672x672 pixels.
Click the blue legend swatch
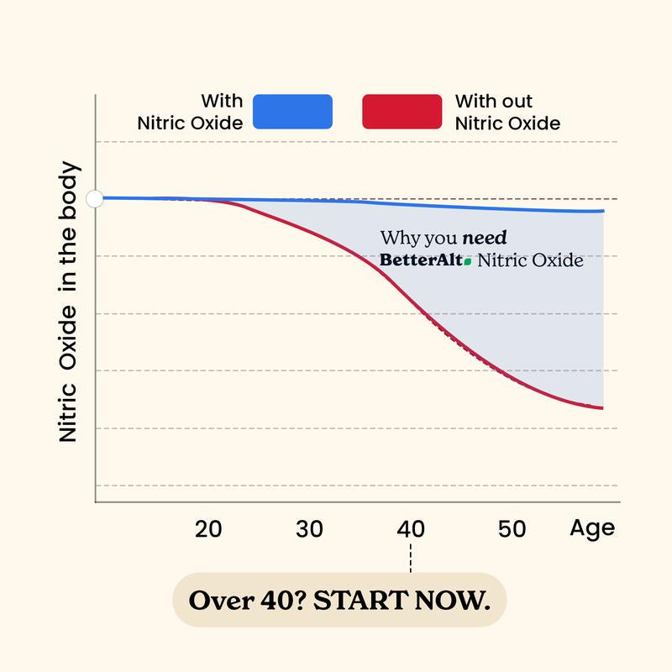292,112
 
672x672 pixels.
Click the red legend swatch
402,112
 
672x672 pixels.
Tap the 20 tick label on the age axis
207,529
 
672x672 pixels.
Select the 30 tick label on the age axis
309,529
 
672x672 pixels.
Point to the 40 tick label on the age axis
411,529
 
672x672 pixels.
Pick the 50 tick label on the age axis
512,529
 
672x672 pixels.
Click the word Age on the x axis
592,528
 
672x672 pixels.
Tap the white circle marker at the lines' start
95,198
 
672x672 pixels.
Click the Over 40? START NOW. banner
339,601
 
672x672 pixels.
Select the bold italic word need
485,239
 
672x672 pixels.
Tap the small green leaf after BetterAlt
468,262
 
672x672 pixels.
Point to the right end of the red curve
602,408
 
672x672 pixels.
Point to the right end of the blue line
602,211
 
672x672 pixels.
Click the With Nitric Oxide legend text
190,112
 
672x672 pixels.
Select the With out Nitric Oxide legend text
507,112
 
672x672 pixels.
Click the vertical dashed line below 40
411,558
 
